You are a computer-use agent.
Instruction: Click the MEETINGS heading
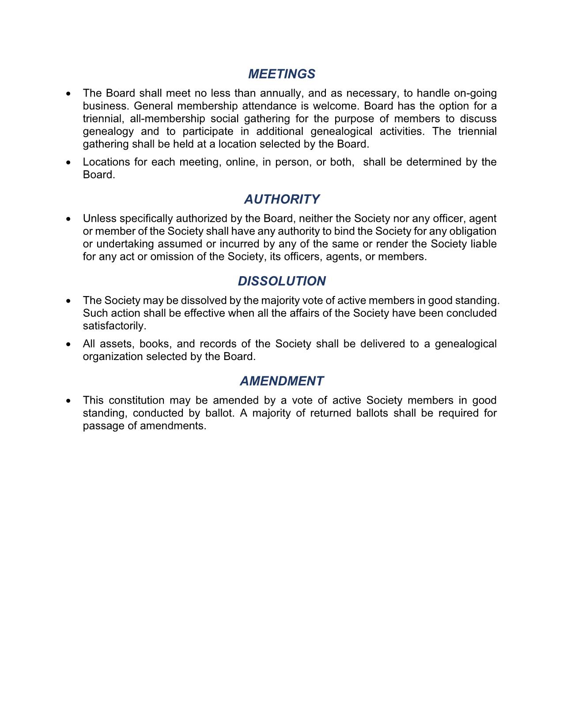[x=281, y=74]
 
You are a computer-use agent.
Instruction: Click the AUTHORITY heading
[x=281, y=199]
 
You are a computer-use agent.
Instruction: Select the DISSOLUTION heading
[x=281, y=281]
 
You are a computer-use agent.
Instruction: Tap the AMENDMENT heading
[x=281, y=381]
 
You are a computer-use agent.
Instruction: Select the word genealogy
[x=108, y=131]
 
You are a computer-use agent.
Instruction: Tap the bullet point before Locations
[x=68, y=163]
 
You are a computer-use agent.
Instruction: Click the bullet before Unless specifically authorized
[x=68, y=219]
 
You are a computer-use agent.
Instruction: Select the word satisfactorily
[x=114, y=326]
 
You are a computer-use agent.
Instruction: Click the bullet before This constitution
[x=68, y=401]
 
